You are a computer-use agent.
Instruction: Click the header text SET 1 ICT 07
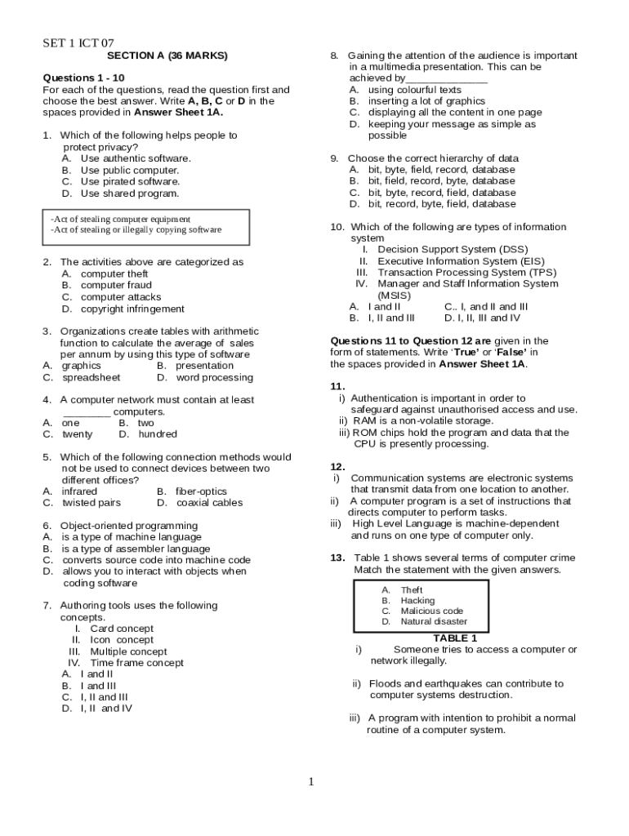tap(78, 42)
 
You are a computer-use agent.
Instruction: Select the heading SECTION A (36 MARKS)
tap(167, 56)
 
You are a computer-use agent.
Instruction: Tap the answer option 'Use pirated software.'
tap(130, 182)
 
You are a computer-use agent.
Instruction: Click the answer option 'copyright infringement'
tap(132, 309)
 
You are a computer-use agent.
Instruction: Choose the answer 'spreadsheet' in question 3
tap(91, 377)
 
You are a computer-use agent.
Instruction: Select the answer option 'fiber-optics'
tap(201, 491)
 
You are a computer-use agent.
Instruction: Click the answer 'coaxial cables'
tap(209, 503)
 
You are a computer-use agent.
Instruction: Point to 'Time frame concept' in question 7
tap(136, 663)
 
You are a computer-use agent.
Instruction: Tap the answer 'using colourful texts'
tap(414, 90)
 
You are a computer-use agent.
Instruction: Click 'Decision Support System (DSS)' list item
tap(453, 249)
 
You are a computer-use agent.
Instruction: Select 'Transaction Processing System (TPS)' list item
tap(467, 272)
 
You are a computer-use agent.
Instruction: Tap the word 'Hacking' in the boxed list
tap(417, 600)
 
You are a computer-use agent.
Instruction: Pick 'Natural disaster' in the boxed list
tap(434, 621)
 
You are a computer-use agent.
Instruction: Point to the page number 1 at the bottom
tap(310, 782)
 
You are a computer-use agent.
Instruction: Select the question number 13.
tap(337, 558)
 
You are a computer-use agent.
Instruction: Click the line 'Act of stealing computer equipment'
tap(120, 219)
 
